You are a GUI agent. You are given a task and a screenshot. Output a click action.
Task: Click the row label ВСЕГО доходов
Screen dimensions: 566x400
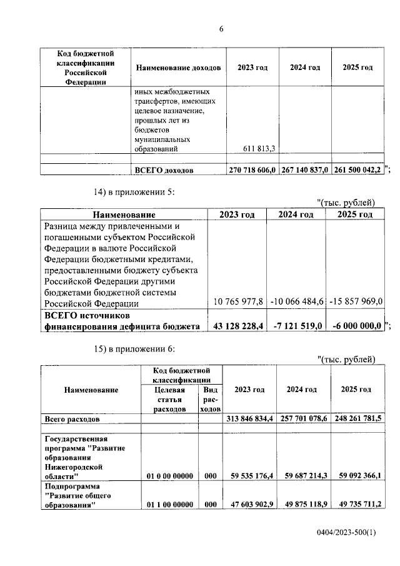(164, 170)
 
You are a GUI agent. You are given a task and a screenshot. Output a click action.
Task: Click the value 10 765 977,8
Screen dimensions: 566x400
(238, 302)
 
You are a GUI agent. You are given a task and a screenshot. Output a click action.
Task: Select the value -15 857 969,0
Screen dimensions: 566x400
(354, 302)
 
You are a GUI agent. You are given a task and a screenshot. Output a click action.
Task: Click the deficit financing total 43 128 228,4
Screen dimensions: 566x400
(238, 326)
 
